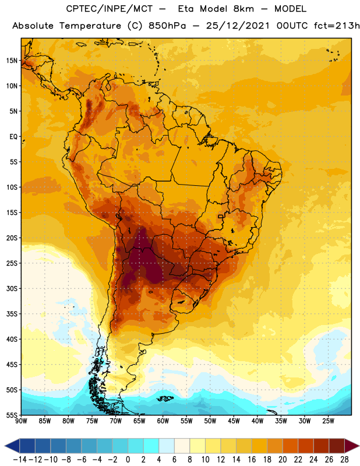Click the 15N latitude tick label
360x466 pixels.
coord(12,61)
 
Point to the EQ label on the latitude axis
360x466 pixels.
coord(13,137)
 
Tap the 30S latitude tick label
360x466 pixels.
coord(12,288)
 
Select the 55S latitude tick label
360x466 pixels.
coord(12,415)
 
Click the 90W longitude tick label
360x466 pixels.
coord(21,421)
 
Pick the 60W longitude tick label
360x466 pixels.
coord(163,421)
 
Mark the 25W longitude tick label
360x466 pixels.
coord(328,421)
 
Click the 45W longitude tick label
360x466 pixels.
coord(234,421)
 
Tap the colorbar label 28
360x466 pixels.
coord(344,460)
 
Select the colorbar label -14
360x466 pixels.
coord(20,460)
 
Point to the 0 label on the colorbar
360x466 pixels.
coord(128,460)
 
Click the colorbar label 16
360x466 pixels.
coord(252,460)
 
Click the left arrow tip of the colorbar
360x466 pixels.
coord(5,446)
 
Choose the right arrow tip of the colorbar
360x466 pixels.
coord(359,446)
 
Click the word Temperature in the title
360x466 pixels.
coord(90,26)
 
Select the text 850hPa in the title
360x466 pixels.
coord(167,26)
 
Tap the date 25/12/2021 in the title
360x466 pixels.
coord(238,26)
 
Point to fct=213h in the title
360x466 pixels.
coord(337,26)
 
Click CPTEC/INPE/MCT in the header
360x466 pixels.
coord(110,9)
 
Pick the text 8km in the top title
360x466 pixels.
coord(243,9)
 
